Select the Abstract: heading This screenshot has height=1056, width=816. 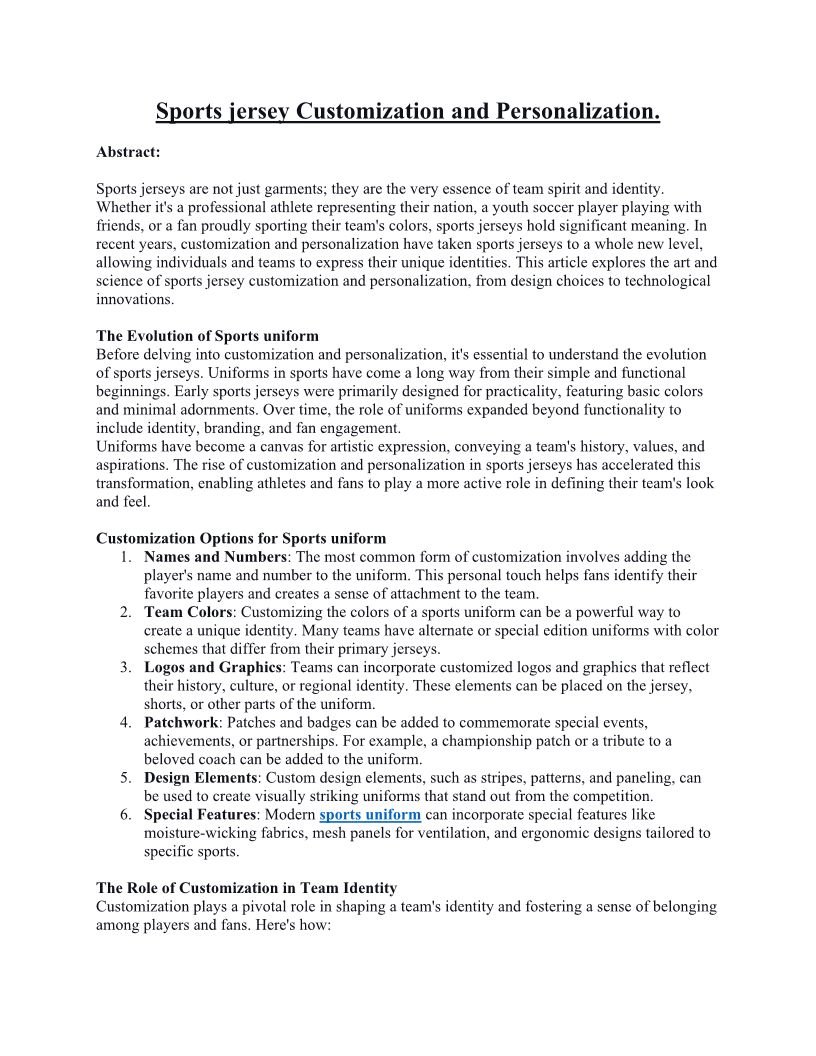pyautogui.click(x=128, y=152)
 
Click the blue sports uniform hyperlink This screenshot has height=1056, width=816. pyautogui.click(x=370, y=815)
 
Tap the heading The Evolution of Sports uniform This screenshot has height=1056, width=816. pyautogui.click(x=207, y=336)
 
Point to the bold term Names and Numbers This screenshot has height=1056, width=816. pyautogui.click(x=216, y=557)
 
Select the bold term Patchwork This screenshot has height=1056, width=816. pyautogui.click(x=181, y=722)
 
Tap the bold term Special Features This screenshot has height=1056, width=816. pyautogui.click(x=199, y=815)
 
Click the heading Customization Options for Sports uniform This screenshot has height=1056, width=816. pyautogui.click(x=241, y=539)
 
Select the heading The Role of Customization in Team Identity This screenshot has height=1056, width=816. pyautogui.click(x=246, y=888)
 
